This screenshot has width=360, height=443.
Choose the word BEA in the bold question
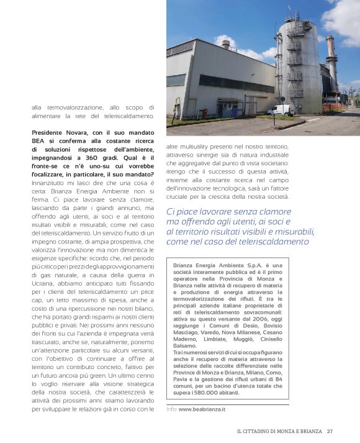40,141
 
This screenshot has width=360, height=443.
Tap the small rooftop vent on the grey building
226,44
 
